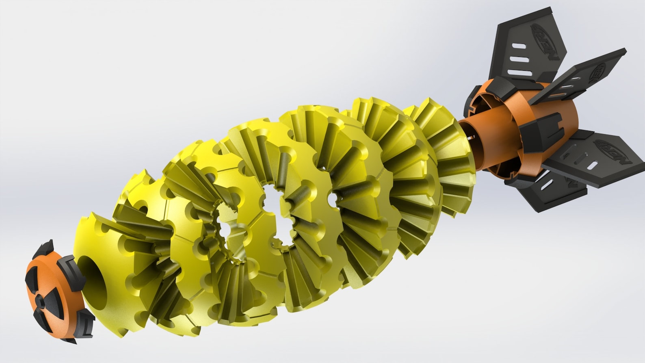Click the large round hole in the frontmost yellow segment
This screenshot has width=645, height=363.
pyautogui.click(x=94, y=280)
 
